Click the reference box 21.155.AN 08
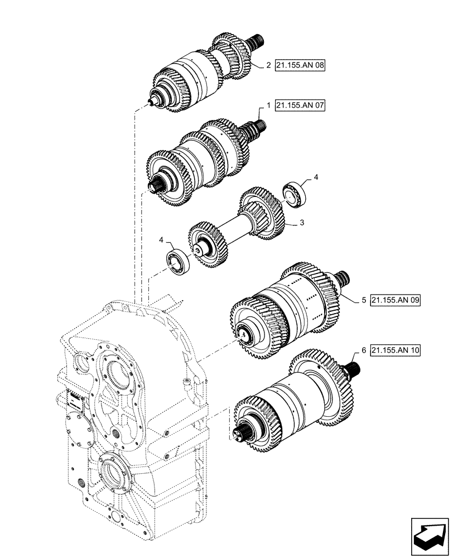click(x=300, y=65)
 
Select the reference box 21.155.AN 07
click(x=300, y=105)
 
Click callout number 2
click(x=268, y=65)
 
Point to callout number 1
click(x=268, y=105)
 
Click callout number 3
click(x=301, y=223)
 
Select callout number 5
click(x=363, y=300)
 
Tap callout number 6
click(x=363, y=350)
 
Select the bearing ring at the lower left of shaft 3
click(x=179, y=261)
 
